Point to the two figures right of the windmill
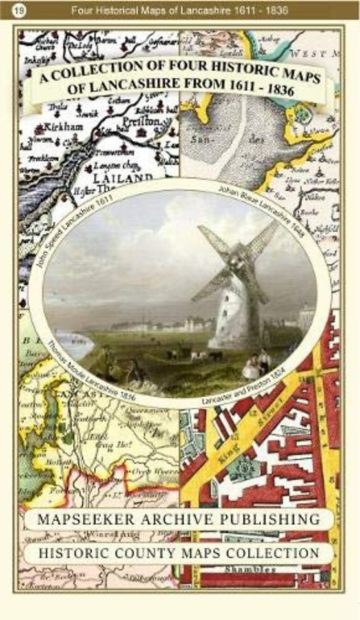coord(256,364)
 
